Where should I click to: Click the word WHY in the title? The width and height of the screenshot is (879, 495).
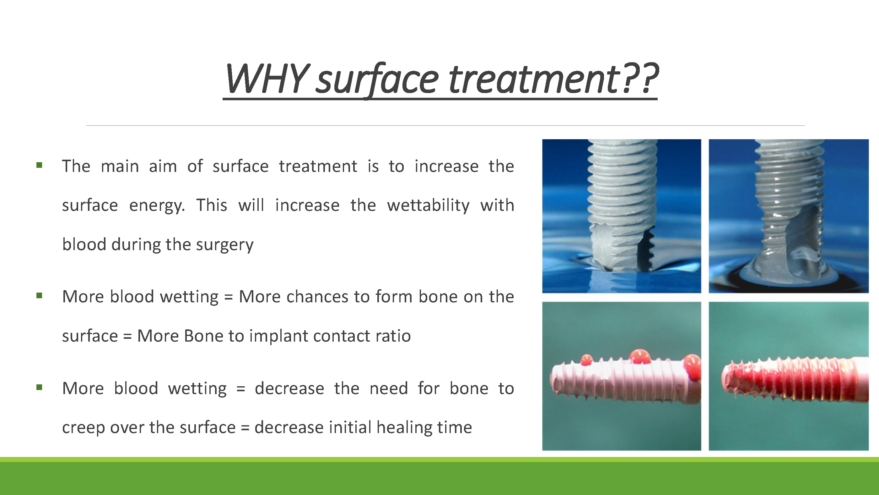pyautogui.click(x=266, y=79)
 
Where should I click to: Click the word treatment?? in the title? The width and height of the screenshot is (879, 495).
pyautogui.click(x=553, y=79)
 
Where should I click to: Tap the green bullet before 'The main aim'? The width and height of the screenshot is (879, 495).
pyautogui.click(x=39, y=165)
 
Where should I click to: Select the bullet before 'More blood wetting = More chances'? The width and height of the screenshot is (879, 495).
pyautogui.click(x=39, y=295)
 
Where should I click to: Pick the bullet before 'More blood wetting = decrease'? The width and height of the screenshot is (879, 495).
pyautogui.click(x=39, y=388)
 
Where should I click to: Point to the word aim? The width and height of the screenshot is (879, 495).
pyautogui.click(x=163, y=166)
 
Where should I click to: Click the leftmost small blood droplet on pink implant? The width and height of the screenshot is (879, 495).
pyautogui.click(x=586, y=360)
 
